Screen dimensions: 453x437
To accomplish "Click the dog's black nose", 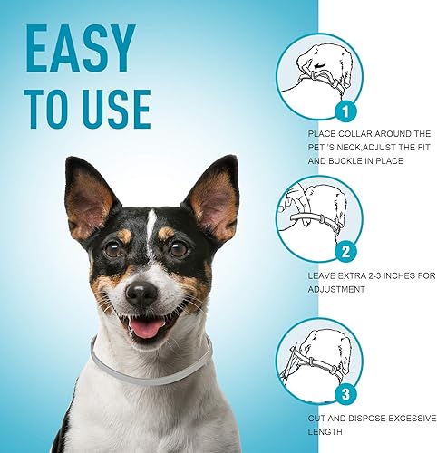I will [141, 292].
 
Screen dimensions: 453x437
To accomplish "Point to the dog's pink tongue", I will [144, 325].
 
